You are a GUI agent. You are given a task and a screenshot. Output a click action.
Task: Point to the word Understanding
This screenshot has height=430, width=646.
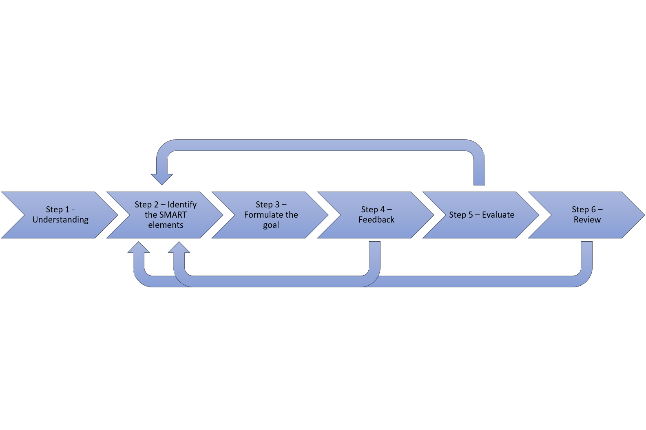click(x=60, y=220)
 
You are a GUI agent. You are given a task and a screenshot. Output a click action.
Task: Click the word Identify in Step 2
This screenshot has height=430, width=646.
click(x=182, y=205)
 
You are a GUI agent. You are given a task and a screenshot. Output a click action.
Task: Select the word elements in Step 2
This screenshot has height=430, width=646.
click(x=166, y=225)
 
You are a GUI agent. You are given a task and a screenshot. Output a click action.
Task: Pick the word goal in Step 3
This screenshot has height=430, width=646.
click(x=271, y=225)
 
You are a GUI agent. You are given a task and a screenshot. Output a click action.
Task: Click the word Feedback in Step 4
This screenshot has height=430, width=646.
click(x=376, y=220)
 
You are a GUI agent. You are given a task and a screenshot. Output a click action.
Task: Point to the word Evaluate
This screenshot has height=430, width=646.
click(x=498, y=215)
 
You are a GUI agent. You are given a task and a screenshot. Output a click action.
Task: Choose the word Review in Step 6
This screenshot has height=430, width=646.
click(x=587, y=220)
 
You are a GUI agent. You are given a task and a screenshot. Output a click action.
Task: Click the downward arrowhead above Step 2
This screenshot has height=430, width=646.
click(x=162, y=179)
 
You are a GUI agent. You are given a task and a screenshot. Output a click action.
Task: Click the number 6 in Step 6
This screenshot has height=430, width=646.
click(x=593, y=209)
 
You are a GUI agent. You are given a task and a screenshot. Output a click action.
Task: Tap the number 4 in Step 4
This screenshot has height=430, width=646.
click(x=382, y=209)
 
